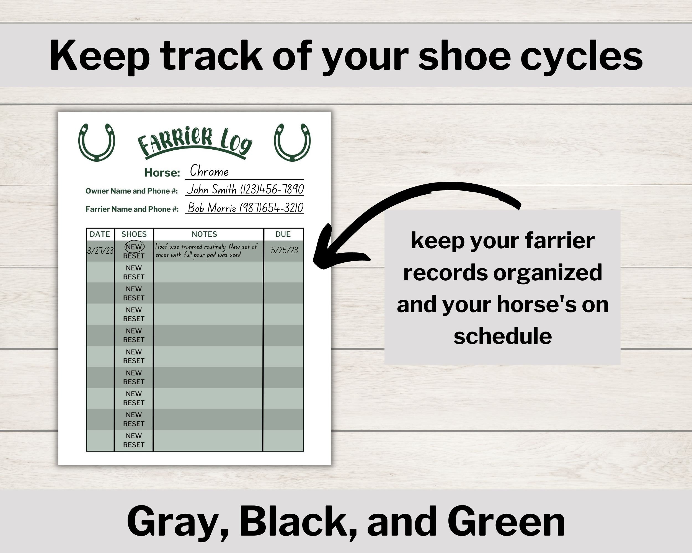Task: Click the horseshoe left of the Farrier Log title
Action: point(96,142)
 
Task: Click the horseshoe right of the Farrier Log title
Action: point(292,142)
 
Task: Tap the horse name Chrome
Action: point(209,171)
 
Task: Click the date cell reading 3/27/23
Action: point(100,251)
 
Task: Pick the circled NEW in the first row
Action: point(134,247)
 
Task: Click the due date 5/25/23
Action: point(284,251)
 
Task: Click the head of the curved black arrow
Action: point(324,253)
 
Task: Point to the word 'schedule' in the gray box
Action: point(503,336)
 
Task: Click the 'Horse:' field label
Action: point(162,173)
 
